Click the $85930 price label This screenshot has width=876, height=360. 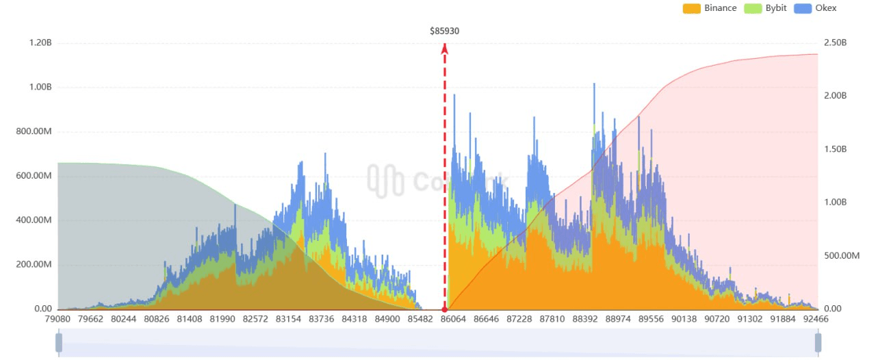445,31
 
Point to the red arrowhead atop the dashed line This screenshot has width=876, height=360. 445,48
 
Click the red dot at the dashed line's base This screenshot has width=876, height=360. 445,309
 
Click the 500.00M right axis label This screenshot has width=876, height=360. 840,255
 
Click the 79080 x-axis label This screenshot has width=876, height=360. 57,319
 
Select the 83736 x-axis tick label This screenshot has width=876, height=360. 322,319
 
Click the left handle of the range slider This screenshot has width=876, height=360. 59,342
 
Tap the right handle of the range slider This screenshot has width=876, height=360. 818,342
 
